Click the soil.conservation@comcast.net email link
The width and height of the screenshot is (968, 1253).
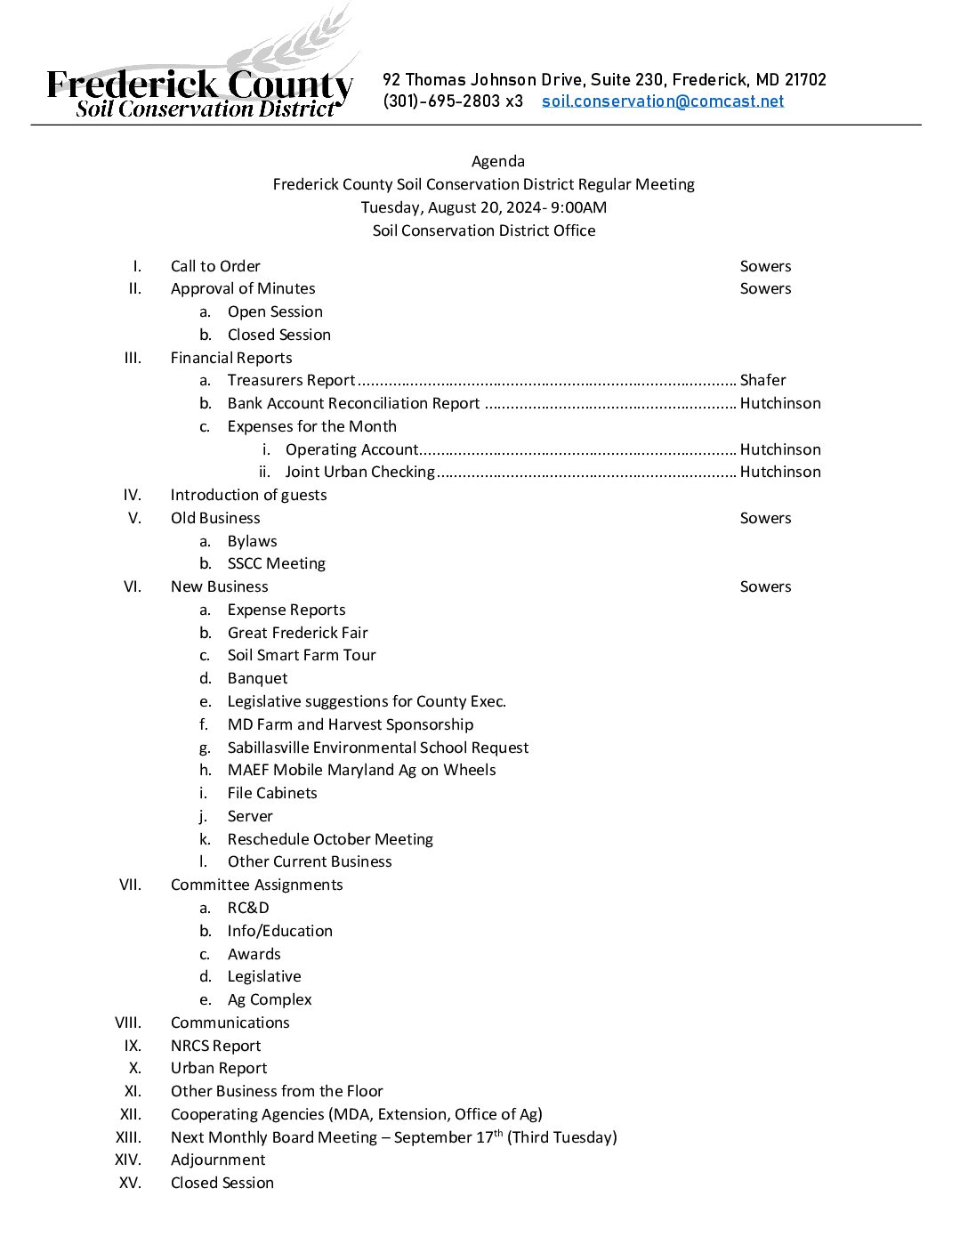(663, 101)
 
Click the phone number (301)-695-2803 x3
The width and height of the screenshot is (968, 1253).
(453, 101)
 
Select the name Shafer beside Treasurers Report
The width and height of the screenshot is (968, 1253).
(762, 381)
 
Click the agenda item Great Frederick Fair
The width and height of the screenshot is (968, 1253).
(297, 633)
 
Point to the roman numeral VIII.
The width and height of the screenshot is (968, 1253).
(128, 1023)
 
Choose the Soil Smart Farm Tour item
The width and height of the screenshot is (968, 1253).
(302, 656)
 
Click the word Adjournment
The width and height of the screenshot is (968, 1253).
(218, 1160)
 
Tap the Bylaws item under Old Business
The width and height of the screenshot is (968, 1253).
(252, 541)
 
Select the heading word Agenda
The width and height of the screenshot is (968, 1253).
(497, 161)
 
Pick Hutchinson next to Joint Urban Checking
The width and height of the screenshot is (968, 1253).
(780, 472)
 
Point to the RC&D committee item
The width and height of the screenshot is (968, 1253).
(248, 908)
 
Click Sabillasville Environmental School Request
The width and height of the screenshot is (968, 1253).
(378, 748)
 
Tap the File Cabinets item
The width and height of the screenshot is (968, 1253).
(272, 793)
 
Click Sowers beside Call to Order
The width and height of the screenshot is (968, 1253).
(765, 266)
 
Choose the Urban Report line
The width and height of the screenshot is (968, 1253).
(219, 1068)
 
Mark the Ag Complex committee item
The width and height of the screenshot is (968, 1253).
(270, 999)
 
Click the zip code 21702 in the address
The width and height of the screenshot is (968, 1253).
(805, 80)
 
